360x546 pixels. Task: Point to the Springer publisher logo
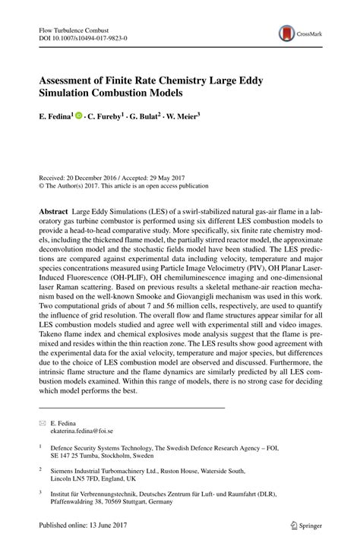pyautogui.click(x=307, y=524)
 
